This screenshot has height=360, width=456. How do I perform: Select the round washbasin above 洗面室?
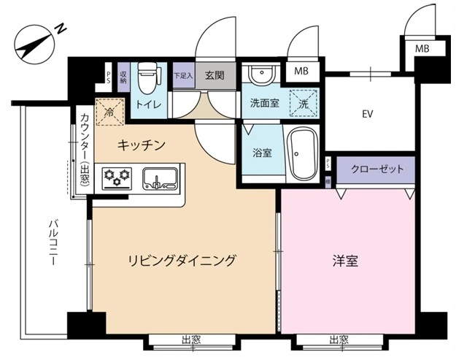(x=263, y=73)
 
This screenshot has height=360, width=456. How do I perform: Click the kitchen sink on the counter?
(x=160, y=177)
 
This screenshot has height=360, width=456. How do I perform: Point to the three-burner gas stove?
(x=117, y=177)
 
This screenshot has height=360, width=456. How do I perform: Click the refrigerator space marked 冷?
(x=110, y=112)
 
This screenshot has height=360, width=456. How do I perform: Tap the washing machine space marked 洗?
(x=304, y=103)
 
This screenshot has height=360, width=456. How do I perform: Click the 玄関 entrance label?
(x=215, y=75)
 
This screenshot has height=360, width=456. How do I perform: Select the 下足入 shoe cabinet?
(x=184, y=76)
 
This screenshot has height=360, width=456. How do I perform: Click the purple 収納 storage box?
(x=123, y=77)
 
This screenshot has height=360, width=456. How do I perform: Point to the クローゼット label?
(x=377, y=169)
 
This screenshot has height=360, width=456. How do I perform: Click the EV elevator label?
(x=367, y=114)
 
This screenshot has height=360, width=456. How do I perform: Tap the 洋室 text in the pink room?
(x=345, y=261)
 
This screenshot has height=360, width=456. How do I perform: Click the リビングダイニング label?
(x=182, y=260)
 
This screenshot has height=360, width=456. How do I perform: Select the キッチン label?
(x=142, y=145)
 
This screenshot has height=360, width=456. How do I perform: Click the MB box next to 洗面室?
(x=301, y=72)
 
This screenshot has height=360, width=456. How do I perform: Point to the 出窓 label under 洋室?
(x=339, y=340)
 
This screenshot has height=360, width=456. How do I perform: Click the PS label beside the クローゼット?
(x=328, y=164)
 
